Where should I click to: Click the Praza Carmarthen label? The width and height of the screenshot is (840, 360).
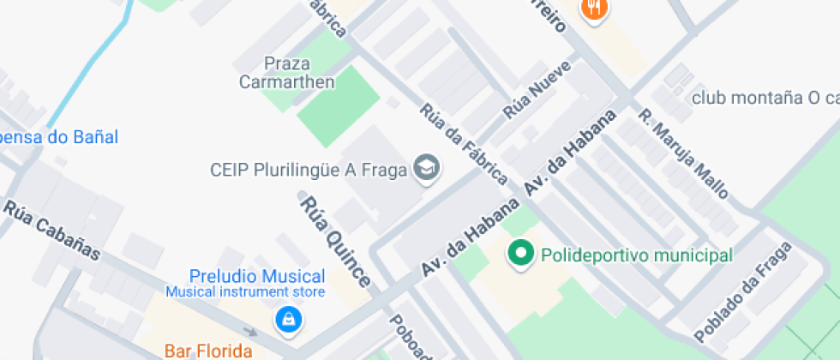(x=286, y=73)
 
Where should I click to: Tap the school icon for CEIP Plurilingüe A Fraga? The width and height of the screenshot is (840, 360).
(x=425, y=169)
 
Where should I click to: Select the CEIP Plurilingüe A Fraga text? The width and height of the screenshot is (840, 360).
(x=307, y=170)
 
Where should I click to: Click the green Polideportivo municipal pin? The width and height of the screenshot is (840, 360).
(x=519, y=255)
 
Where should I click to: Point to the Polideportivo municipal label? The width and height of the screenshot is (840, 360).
(x=636, y=255)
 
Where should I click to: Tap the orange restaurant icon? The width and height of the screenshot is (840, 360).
(x=594, y=8)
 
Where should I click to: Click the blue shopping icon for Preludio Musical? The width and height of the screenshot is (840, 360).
(x=288, y=321)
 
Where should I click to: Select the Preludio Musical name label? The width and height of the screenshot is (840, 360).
(x=257, y=276)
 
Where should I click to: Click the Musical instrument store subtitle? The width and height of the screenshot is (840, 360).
(x=246, y=292)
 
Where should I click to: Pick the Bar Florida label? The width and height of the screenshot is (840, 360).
(x=208, y=351)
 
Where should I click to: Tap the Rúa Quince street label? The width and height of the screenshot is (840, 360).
(x=335, y=242)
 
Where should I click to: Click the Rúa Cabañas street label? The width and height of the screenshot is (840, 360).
(x=51, y=230)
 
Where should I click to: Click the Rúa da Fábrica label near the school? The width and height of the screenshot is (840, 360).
(x=463, y=144)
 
